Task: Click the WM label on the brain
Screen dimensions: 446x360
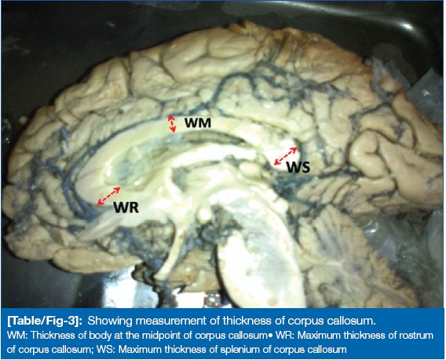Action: (198, 123)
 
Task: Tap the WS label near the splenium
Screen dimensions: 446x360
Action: (298, 167)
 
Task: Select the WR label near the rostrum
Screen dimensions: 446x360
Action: (126, 208)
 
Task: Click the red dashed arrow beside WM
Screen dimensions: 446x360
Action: (171, 123)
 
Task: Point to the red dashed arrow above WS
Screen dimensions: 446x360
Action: (285, 156)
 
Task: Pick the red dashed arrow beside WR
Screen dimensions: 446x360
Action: (108, 196)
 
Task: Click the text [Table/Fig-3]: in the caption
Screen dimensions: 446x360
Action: (45, 321)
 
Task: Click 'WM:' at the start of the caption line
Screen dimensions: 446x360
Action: (17, 336)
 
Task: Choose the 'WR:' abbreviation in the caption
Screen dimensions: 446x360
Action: (285, 336)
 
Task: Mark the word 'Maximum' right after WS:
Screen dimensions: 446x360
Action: (140, 350)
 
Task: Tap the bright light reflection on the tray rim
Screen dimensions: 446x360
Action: (406, 26)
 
